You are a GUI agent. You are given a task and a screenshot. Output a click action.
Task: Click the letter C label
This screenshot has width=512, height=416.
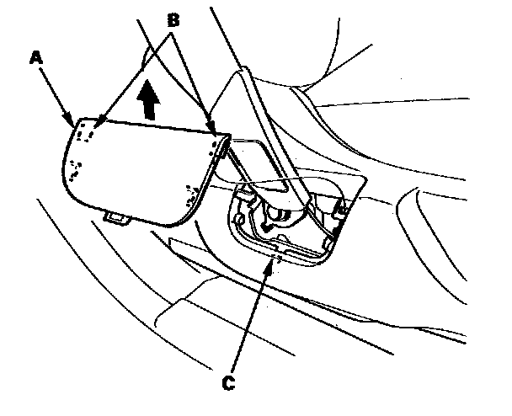coord(227,384)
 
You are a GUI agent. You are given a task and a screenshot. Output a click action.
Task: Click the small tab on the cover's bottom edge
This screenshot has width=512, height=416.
coord(116,218)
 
